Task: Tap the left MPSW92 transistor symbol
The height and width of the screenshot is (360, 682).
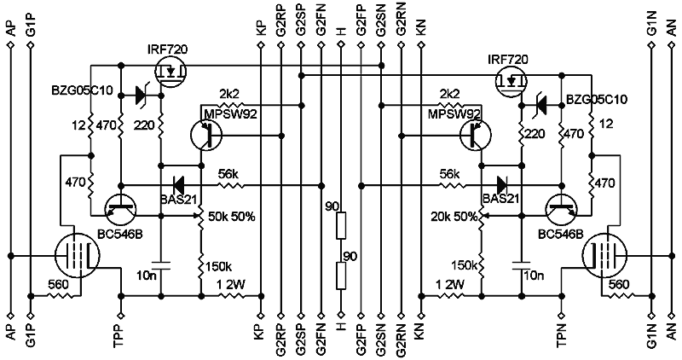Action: (204, 134)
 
